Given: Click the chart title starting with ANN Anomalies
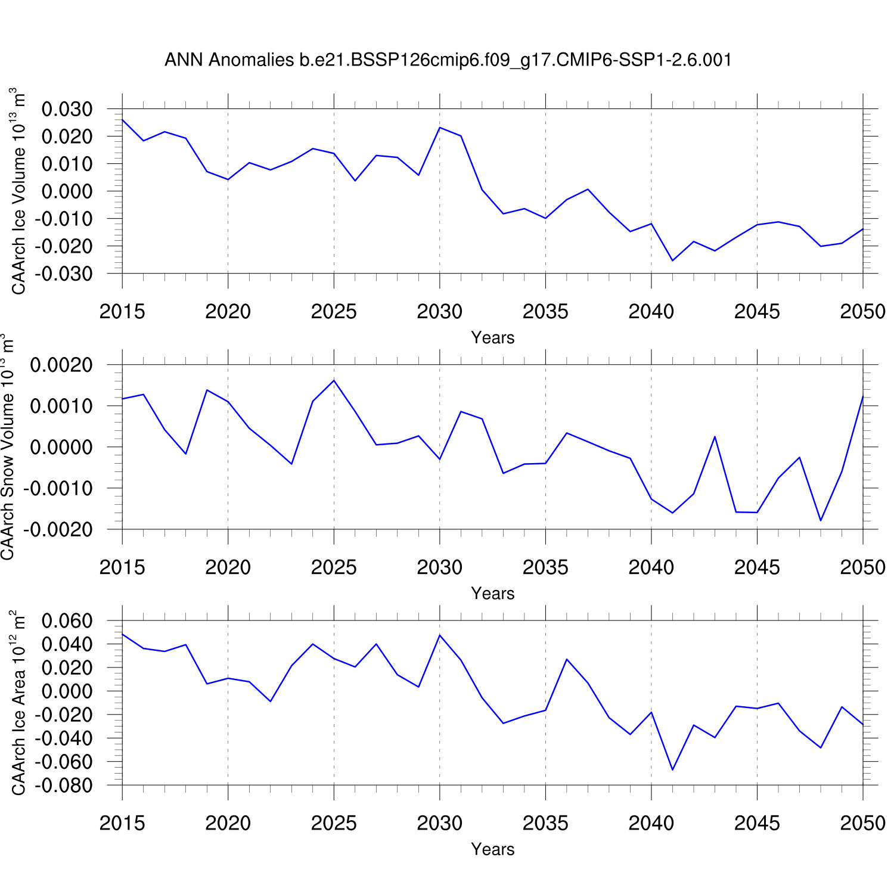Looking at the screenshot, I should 448,60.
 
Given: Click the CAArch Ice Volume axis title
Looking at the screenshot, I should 18,191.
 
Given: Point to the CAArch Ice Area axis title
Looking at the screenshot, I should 18,702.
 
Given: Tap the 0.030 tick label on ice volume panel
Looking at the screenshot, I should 67,109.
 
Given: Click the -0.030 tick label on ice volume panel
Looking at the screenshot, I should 64,274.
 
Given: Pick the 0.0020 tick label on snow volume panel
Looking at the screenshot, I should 61,365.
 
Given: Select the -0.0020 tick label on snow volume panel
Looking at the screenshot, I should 58,529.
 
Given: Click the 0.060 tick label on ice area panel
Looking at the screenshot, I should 67,621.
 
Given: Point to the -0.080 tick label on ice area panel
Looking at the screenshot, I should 64,786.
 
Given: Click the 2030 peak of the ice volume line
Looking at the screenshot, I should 440,128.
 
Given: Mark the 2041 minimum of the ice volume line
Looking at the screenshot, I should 672,260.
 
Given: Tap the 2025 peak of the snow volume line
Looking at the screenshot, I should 334,380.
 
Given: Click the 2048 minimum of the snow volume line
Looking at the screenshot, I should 821,520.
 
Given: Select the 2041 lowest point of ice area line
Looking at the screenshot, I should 672,769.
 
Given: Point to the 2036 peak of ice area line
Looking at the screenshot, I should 567,659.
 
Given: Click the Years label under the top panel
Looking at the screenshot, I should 492,337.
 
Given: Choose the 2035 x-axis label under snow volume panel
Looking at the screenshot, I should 545,567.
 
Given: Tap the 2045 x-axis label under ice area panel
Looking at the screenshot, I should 757,823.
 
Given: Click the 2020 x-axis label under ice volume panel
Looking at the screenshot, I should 228,312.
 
